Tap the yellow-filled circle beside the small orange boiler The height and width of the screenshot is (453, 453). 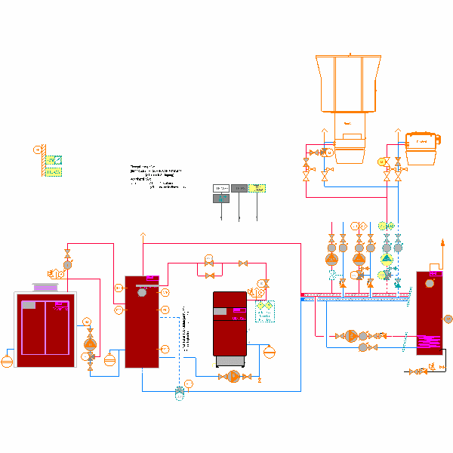coord(381,161)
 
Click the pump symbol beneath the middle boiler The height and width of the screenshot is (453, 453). coord(233,377)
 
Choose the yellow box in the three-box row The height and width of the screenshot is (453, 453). coord(257,187)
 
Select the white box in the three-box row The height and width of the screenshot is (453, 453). coord(221,187)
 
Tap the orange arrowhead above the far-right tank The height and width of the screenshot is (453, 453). coord(442,243)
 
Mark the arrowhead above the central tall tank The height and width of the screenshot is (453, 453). coord(141,238)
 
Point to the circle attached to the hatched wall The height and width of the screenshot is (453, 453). coord(36,149)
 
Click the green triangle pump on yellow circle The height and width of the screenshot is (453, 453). coord(387,258)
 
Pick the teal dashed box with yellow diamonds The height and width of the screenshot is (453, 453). coord(264,311)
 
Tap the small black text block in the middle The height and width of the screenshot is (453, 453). coord(155,177)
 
